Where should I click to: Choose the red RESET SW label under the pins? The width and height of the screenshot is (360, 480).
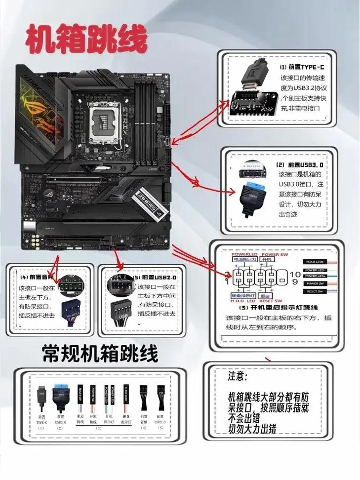point(271,301)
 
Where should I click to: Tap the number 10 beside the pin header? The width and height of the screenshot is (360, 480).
point(294,274)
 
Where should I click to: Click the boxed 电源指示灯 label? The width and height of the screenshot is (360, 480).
point(244,260)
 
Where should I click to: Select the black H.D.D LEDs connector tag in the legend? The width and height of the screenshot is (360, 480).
point(315,262)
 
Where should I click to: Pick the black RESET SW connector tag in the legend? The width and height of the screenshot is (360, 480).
point(315,291)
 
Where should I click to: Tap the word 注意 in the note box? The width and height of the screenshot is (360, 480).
point(237,376)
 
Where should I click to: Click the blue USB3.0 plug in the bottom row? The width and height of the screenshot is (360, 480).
point(60,397)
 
